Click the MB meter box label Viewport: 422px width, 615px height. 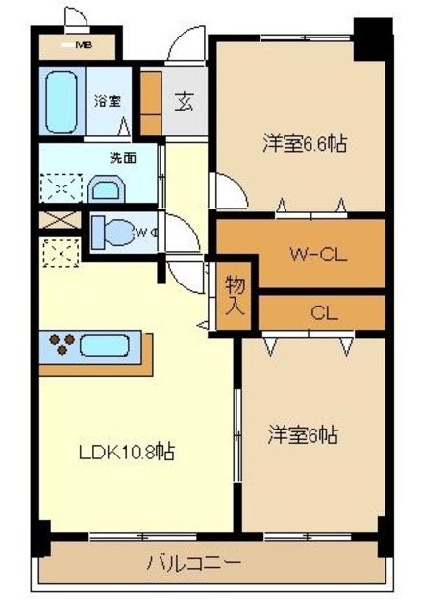point(83,44)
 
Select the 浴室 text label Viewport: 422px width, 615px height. point(106,100)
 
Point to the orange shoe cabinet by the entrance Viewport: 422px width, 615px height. point(151,101)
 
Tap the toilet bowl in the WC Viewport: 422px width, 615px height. point(113,232)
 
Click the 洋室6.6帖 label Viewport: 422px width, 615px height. point(305,144)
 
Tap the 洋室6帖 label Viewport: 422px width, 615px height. point(302,434)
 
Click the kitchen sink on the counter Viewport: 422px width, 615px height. point(108,345)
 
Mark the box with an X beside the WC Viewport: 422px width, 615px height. point(54,218)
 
